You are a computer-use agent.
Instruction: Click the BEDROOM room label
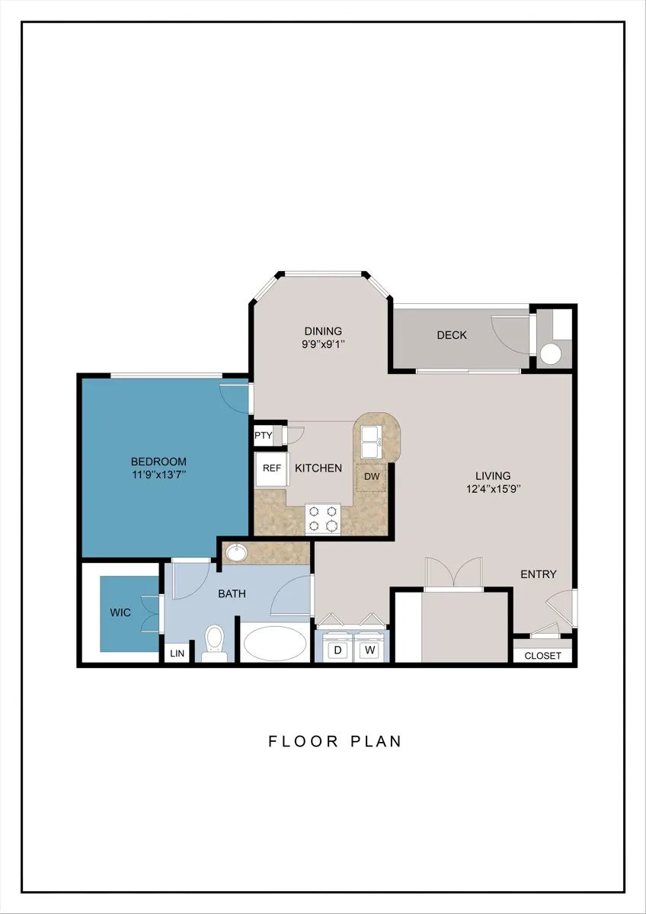pos(158,462)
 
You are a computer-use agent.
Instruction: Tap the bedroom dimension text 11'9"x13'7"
pos(159,475)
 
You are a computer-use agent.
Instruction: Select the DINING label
pos(323,331)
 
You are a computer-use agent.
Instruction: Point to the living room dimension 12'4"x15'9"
pos(494,489)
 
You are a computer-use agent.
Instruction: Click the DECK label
pos(452,335)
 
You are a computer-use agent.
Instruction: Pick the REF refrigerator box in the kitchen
pos(272,469)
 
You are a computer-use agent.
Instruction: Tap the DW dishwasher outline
pos(372,477)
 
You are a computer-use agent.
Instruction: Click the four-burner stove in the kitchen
pos(323,519)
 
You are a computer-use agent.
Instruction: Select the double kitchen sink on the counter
pos(371,442)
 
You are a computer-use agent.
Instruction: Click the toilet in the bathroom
pos(215,644)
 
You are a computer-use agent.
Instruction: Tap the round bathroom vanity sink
pos(237,553)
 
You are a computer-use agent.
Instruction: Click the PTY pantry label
pos(264,436)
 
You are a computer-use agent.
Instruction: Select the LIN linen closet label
pos(177,654)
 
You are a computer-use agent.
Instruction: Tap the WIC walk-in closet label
pos(120,612)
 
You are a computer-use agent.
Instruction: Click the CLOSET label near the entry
pos(542,656)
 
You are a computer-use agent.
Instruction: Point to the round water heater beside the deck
pos(551,353)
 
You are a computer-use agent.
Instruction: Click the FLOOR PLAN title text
pos(335,741)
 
